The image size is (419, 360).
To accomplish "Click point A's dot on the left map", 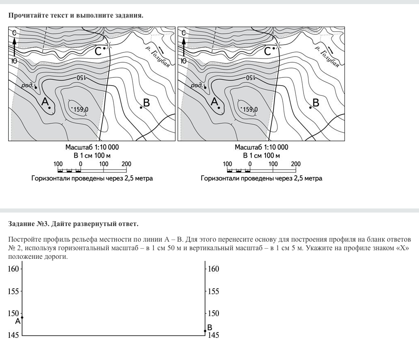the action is point(50,108).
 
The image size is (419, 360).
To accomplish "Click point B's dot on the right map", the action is point(311,108).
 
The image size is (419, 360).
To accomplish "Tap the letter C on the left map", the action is point(98,51).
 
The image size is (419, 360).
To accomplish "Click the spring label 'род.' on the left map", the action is point(27,85).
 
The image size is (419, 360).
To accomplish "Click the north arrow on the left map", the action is point(14,47).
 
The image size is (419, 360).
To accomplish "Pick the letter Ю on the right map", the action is point(184,61).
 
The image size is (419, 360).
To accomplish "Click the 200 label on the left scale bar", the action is point(126,164).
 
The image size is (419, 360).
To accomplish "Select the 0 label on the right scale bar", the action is point(250,164).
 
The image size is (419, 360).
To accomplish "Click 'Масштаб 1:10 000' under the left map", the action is point(92,147).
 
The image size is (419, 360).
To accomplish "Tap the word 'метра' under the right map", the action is point(313,179).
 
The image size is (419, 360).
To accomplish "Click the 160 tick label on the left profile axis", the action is point(14,269).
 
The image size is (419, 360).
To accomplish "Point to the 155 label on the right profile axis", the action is point(214,291).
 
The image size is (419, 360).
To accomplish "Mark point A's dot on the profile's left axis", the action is point(22,317).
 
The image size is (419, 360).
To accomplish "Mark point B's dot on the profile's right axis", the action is point(205,331).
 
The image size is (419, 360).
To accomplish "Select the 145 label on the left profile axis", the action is point(14,335).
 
